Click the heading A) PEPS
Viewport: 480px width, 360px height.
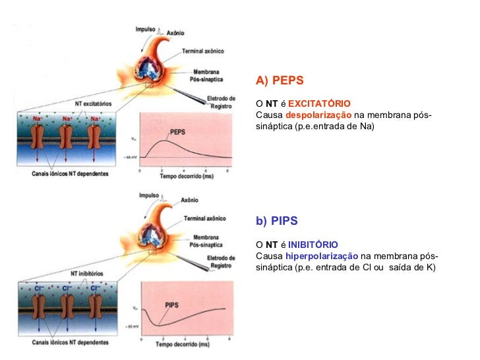click(x=280, y=80)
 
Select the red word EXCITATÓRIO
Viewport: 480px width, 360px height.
click(x=319, y=104)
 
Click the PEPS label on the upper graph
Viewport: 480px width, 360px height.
click(x=178, y=131)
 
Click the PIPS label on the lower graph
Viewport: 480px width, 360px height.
click(x=173, y=305)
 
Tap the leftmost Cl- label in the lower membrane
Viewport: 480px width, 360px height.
click(x=41, y=288)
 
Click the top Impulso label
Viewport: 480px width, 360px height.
click(x=146, y=30)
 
